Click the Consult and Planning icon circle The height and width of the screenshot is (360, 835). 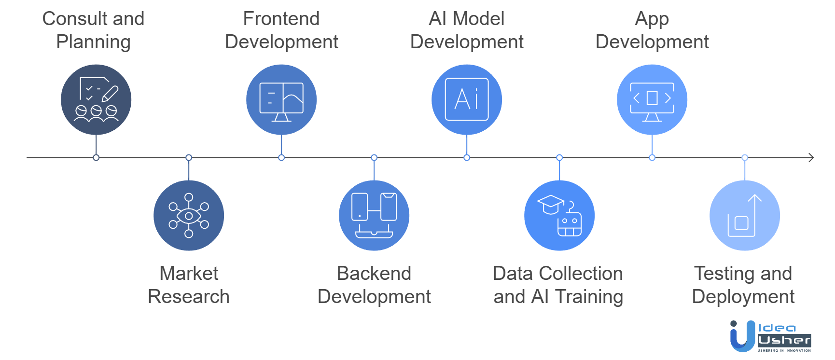96,99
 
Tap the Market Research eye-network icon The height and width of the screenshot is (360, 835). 189,215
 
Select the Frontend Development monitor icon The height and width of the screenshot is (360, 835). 281,99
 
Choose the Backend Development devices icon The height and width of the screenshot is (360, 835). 374,215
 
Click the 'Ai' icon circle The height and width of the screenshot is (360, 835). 467,99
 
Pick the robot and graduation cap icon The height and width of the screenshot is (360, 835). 559,215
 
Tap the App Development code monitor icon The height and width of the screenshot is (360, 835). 652,99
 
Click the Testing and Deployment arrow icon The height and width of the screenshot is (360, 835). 745,215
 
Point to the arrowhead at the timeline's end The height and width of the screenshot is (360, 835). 811,157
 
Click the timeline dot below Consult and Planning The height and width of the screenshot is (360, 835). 96,158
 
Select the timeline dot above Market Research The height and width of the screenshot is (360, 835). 189,158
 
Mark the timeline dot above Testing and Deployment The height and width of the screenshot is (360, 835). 745,158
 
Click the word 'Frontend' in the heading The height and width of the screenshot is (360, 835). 281,19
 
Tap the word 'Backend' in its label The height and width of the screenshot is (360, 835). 374,274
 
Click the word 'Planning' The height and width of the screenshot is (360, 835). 93,42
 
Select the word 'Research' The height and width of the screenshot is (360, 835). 189,296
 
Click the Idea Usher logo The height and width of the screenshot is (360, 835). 770,336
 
